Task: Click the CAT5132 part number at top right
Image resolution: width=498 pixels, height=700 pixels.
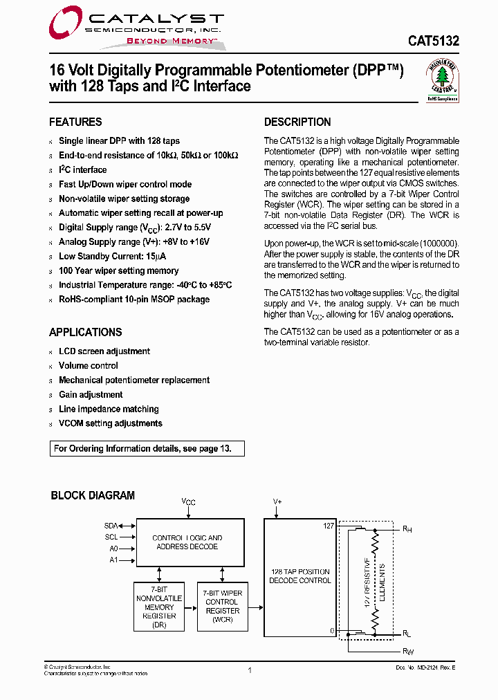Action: coord(432,41)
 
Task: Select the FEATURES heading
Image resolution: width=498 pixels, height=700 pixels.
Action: coord(75,122)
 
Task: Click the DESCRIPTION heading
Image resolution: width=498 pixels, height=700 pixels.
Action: coord(297,122)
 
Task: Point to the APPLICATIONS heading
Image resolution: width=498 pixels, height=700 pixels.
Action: coord(85,333)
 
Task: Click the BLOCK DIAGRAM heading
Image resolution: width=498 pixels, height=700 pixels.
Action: coord(93,496)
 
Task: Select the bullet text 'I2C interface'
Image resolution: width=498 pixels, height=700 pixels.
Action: coord(82,170)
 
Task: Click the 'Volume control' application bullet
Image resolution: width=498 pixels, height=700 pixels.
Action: coord(88,366)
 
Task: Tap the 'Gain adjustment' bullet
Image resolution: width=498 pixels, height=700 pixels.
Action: coord(91,395)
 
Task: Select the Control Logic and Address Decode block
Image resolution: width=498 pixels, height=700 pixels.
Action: coord(187,542)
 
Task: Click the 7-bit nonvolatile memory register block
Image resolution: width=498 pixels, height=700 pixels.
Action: coord(159,607)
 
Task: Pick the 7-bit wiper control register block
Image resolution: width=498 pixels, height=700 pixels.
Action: coord(222,607)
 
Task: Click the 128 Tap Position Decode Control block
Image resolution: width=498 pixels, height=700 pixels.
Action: coord(299,576)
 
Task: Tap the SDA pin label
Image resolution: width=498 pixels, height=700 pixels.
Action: coord(111,526)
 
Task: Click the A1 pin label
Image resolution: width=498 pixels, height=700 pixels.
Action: coord(113,560)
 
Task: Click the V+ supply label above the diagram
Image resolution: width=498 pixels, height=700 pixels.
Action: coord(277,501)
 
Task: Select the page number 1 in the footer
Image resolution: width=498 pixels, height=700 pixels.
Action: coord(249,670)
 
